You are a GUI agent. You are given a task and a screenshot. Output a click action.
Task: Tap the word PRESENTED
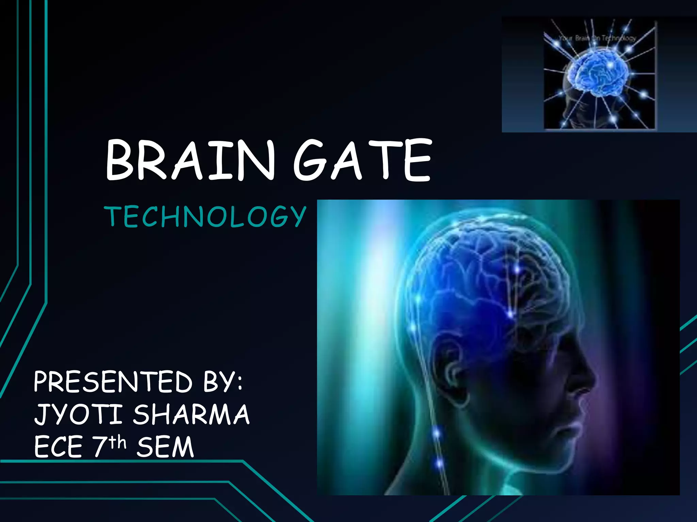(113, 382)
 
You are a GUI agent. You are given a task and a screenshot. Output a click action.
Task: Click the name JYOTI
(78, 414)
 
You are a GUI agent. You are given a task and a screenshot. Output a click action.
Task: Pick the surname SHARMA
(191, 414)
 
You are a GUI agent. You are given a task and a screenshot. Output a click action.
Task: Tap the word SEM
(165, 447)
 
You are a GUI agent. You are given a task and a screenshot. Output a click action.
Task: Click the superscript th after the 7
(118, 442)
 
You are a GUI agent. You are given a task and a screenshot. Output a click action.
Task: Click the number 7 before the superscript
(100, 447)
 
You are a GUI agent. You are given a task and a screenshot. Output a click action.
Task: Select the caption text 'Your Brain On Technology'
(597, 38)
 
